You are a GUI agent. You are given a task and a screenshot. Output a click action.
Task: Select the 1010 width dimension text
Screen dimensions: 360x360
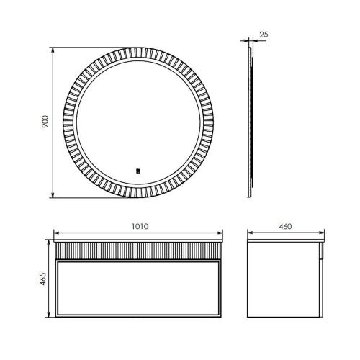[140, 226]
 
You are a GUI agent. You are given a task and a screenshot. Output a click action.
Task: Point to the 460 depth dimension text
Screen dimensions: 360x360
[285, 226]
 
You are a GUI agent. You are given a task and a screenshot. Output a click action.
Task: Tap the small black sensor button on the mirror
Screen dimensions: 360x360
[137, 171]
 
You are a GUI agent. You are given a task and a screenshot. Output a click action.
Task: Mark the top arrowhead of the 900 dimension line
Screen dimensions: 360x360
[54, 48]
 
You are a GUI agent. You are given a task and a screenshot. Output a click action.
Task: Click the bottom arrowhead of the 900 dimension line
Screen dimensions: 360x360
[54, 196]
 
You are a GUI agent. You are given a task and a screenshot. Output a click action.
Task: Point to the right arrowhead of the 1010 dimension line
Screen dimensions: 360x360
[221, 233]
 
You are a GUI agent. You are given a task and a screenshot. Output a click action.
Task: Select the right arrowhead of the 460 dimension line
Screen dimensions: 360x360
[322, 233]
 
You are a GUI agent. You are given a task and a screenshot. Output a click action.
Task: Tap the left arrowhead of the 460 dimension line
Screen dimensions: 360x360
[249, 233]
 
